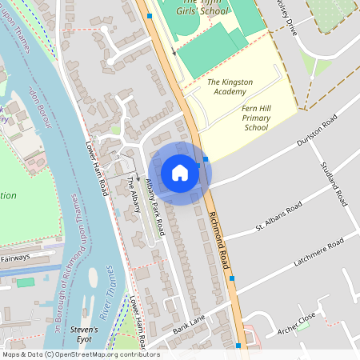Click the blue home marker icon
180,173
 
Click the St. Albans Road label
278,216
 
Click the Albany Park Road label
154,206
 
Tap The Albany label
134,194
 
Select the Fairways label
14,258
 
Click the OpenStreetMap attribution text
80,354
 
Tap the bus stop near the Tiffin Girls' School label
149,15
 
